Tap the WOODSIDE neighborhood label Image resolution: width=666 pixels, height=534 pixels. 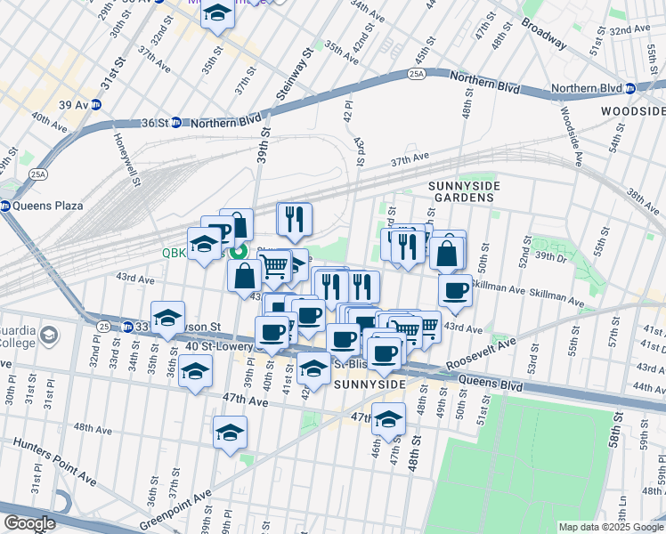(x=633, y=110)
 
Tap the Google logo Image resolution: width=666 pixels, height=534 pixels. (x=29, y=523)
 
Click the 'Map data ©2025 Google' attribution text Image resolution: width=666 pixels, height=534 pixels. (x=611, y=527)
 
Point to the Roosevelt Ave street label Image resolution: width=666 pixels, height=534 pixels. (x=481, y=355)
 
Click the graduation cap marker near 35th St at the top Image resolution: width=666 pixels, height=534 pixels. (x=216, y=14)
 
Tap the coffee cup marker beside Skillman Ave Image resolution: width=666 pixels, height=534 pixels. (x=455, y=290)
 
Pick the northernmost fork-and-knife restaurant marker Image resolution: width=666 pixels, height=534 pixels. (x=294, y=218)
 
